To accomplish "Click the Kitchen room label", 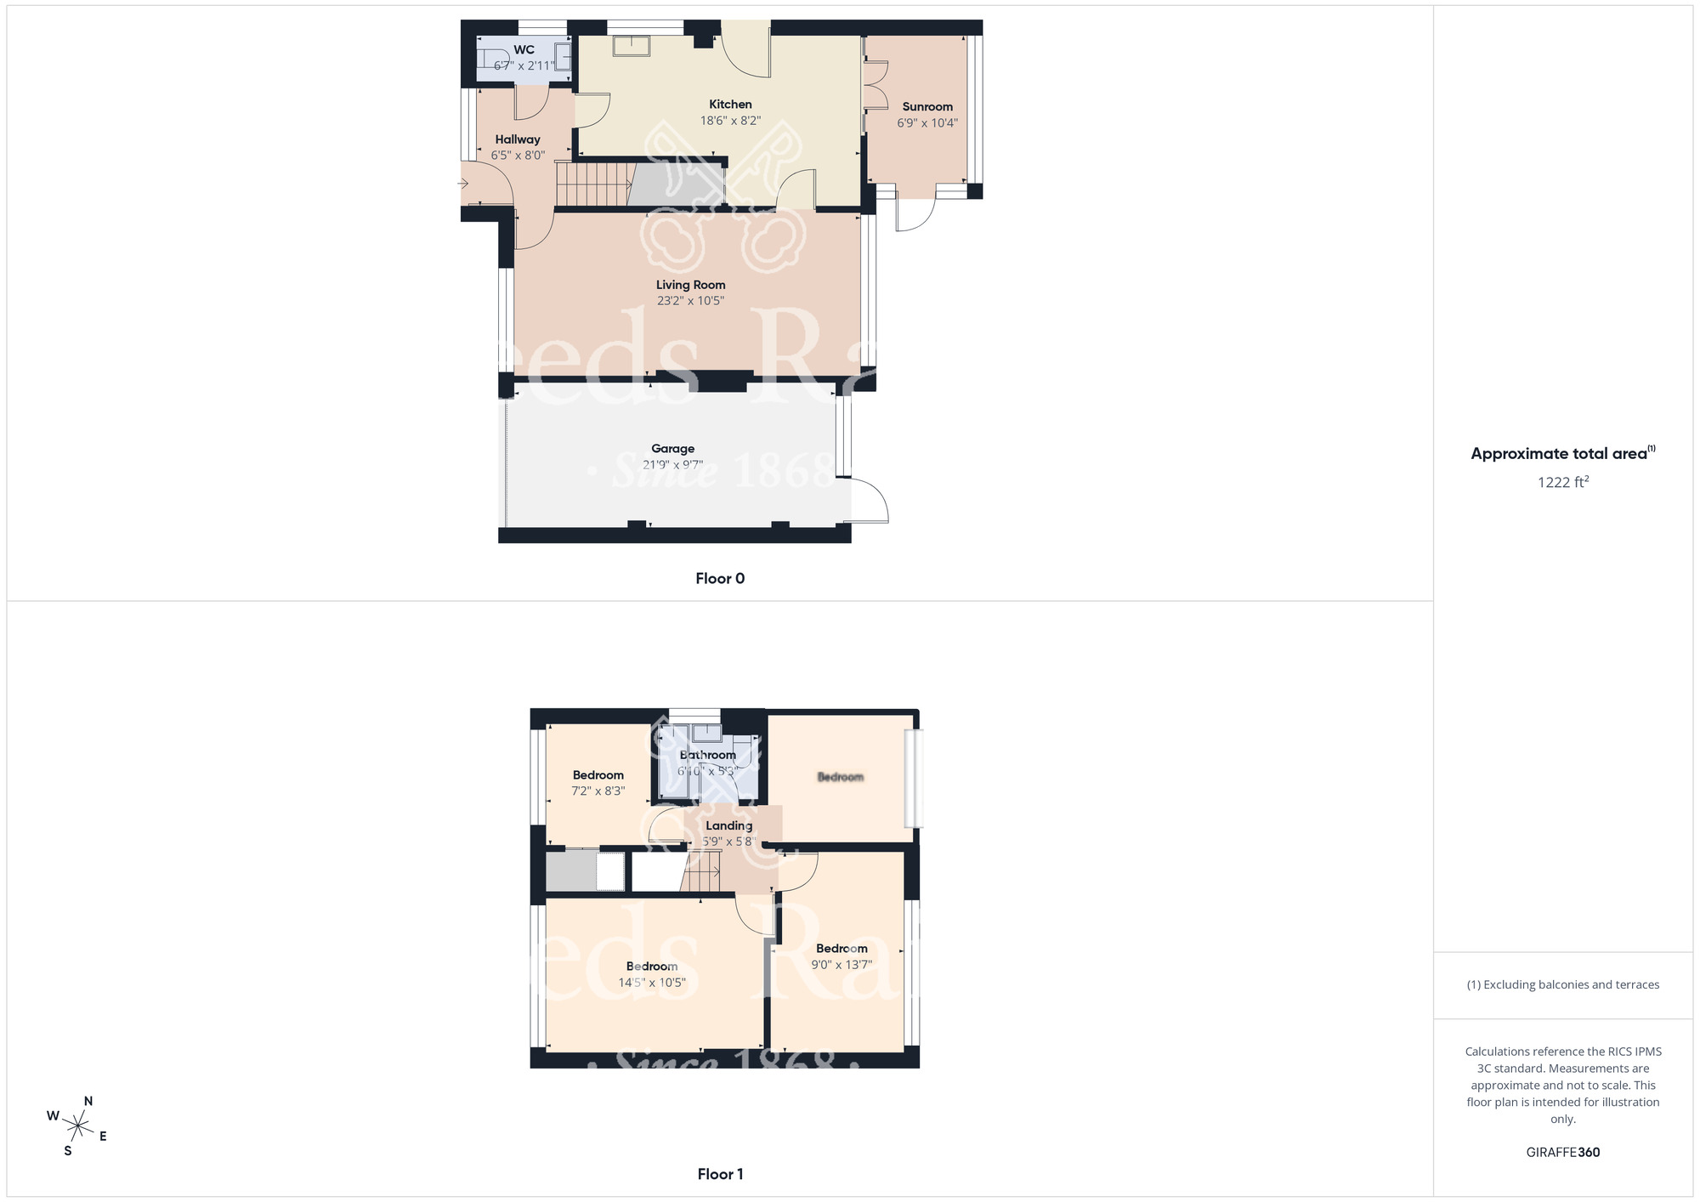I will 730,105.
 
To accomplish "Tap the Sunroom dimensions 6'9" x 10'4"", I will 927,123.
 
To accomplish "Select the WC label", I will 524,50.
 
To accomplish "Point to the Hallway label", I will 518,139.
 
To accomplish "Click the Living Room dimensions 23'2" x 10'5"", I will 690,301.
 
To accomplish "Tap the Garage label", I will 672,449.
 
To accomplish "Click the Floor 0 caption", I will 720,579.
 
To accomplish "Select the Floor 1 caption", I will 720,1174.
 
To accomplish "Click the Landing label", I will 728,825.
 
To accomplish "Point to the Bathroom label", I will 708,755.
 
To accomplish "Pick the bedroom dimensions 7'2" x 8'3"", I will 598,791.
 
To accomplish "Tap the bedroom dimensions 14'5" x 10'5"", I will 652,983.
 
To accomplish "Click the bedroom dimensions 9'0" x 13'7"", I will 841,965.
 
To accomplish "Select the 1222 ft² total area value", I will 1562,482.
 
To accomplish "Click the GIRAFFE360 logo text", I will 1562,1153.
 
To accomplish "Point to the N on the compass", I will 88,1102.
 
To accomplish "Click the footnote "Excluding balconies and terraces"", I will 1562,985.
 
